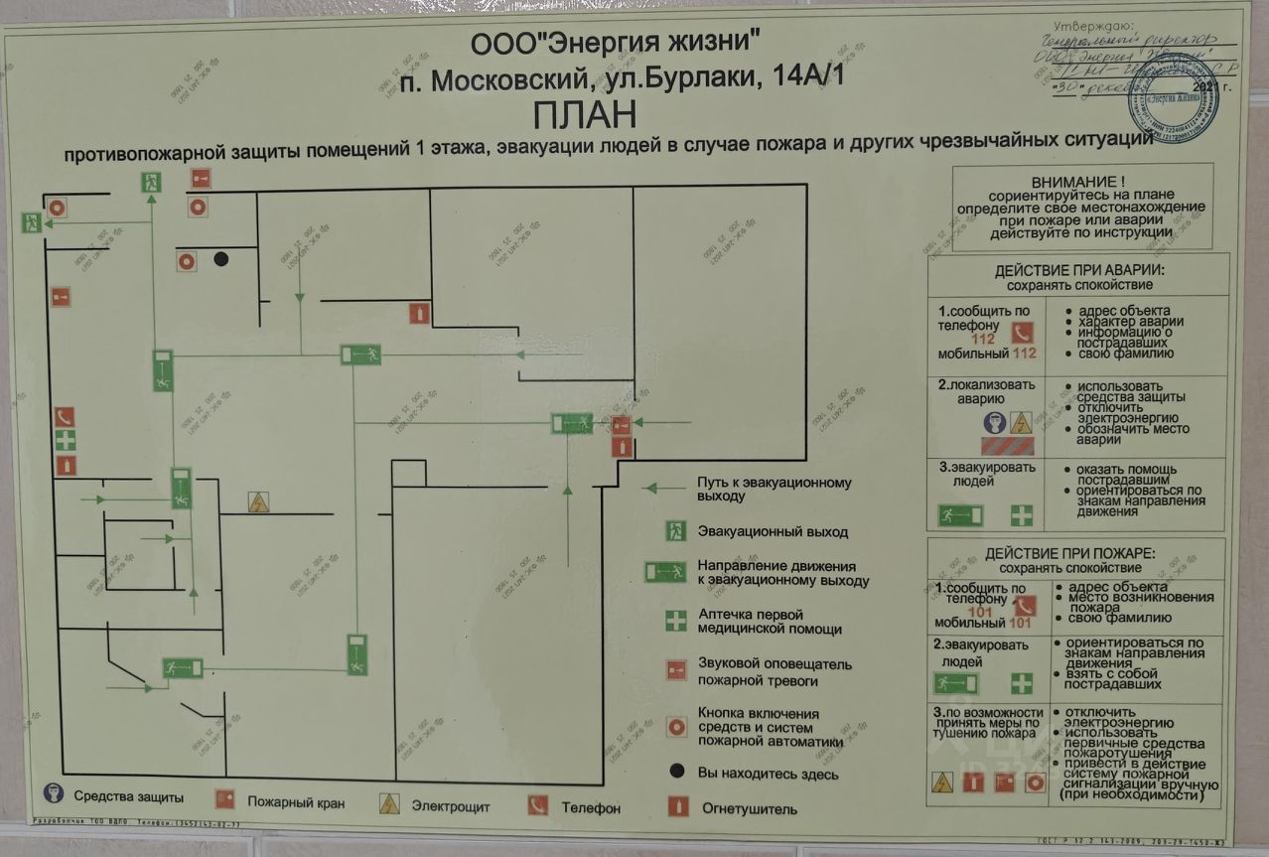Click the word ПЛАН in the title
(585, 114)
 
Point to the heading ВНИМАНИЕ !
(1079, 182)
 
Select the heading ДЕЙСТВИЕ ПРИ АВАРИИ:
(1079, 270)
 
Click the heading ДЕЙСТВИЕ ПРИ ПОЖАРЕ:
(1077, 553)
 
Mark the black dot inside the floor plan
(220, 259)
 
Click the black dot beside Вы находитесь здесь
(676, 772)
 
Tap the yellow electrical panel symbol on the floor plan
(259, 501)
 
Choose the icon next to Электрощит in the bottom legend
(389, 803)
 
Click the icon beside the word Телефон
(538, 804)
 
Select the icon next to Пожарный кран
(224, 799)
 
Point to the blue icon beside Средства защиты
(54, 794)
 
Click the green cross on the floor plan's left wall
(65, 440)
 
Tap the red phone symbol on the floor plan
(65, 416)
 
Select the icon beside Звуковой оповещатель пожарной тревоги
(676, 670)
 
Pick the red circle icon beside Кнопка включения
(676, 727)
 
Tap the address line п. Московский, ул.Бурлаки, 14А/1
(621, 78)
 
